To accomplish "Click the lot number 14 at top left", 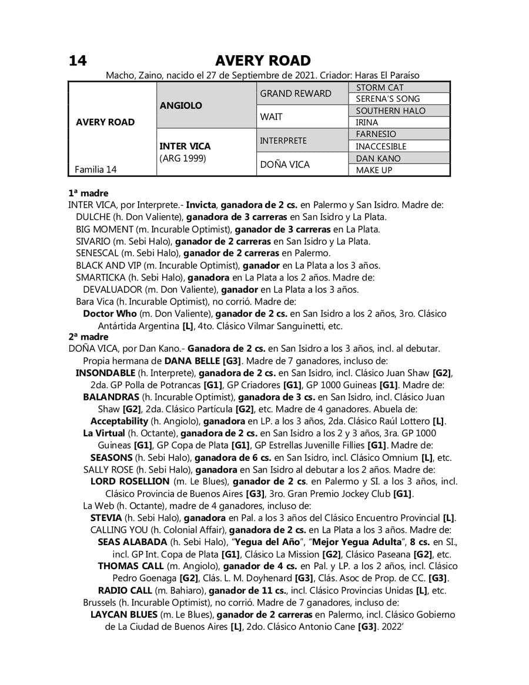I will [78, 61].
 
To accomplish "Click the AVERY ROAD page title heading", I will [263, 61].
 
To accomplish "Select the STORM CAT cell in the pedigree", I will [380, 88].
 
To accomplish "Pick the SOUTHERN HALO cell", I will [390, 111].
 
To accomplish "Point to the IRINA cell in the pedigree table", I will [367, 123].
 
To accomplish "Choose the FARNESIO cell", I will [376, 134].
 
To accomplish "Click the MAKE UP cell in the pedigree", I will [374, 170].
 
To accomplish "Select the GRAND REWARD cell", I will [296, 93].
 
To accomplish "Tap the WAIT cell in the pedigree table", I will [271, 117].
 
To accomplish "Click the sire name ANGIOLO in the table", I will [180, 105].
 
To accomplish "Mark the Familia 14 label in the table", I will [96, 169].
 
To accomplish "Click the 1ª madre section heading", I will [88, 193].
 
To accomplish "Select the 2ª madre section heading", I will [88, 337].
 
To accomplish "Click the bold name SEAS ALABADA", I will [132, 542].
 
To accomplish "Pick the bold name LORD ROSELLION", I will [130, 481].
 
